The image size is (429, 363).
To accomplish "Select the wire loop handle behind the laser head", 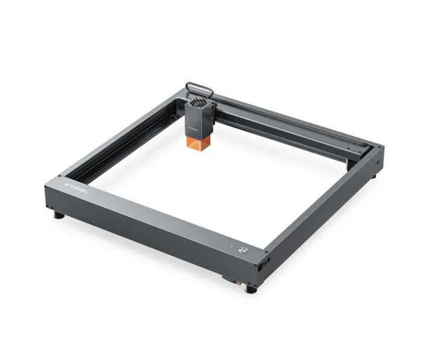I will click(x=199, y=88).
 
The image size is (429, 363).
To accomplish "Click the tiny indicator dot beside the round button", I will click(x=230, y=247).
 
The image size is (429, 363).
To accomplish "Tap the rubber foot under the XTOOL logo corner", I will click(x=58, y=214).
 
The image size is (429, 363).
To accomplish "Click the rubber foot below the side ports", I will click(x=251, y=289).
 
